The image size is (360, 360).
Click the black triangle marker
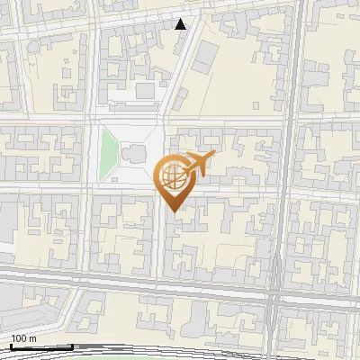pyautogui.click(x=181, y=24)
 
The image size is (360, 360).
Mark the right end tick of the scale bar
pyautogui.click(x=72, y=346)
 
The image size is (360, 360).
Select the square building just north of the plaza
pyautogui.click(x=144, y=91)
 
